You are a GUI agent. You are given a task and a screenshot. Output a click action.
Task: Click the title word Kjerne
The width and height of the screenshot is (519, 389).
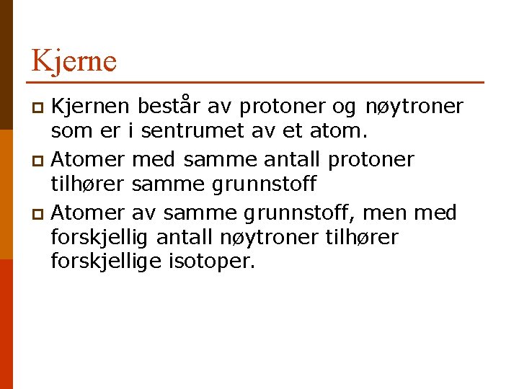pos(74,61)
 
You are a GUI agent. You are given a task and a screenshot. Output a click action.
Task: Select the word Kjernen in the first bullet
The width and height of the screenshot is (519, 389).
pos(91,107)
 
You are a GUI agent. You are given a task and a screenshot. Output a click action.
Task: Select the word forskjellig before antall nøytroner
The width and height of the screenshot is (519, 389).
pos(100,237)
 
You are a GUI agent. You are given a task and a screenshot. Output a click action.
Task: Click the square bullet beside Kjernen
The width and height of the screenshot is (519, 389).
pos(40,108)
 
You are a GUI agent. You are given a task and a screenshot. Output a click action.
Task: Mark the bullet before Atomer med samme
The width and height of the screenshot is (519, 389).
pos(40,160)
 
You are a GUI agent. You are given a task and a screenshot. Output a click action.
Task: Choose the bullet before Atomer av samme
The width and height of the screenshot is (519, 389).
pos(40,214)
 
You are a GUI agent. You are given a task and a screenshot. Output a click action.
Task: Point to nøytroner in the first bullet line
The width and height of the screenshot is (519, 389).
pos(414,107)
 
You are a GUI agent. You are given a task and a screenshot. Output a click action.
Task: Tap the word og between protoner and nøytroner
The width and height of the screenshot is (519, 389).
pos(344,108)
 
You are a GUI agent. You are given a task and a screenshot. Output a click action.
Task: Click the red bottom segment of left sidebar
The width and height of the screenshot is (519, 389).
pos(6,324)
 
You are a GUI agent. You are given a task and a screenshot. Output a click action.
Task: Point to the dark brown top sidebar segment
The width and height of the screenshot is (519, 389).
pos(6,65)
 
